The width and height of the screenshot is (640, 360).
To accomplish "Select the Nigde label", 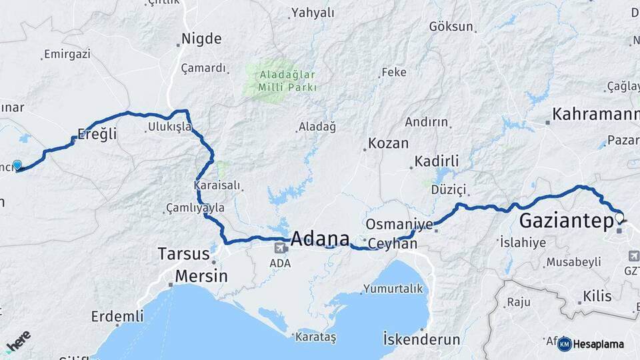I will point(201,39).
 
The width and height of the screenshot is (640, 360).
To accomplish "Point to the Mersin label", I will point(201,275).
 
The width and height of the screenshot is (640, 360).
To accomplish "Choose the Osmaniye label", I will point(399,223).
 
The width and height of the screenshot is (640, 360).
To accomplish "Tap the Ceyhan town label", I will point(392,244).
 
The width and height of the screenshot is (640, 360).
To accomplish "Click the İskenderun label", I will point(421,339).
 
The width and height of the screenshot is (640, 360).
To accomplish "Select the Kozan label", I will point(388,144).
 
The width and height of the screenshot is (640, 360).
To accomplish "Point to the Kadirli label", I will point(437,161).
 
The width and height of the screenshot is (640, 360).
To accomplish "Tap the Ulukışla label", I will point(169,126).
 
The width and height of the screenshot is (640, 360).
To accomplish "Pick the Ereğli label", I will point(97,133).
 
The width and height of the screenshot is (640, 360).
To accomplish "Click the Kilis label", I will point(597,296).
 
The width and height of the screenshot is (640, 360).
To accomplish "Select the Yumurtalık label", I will point(393,289).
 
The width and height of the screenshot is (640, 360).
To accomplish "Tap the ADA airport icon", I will point(279,249).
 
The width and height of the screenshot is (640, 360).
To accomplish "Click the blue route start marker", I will point(17,165).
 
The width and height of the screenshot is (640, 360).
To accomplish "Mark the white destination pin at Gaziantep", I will point(619,218).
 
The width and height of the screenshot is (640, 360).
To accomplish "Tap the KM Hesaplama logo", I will point(592,344).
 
